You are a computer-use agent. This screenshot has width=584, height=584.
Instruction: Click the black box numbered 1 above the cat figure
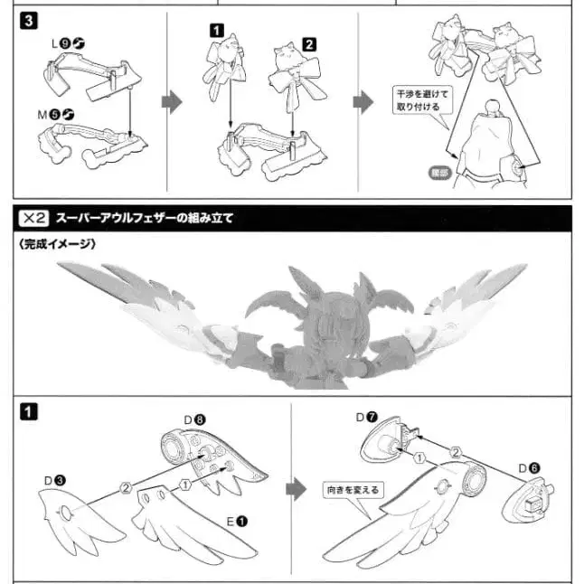point(217,31)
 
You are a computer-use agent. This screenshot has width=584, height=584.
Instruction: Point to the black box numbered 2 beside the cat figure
point(309,43)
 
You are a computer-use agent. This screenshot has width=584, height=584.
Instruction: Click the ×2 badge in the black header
point(33,218)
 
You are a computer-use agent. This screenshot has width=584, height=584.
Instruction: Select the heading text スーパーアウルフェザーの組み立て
point(144,218)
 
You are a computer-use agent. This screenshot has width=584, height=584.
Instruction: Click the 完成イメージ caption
point(57,244)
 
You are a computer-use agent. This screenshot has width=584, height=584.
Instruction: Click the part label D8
point(195,419)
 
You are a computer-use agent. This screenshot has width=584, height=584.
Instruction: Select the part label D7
point(366,419)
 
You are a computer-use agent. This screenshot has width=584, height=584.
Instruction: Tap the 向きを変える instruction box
point(353,489)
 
